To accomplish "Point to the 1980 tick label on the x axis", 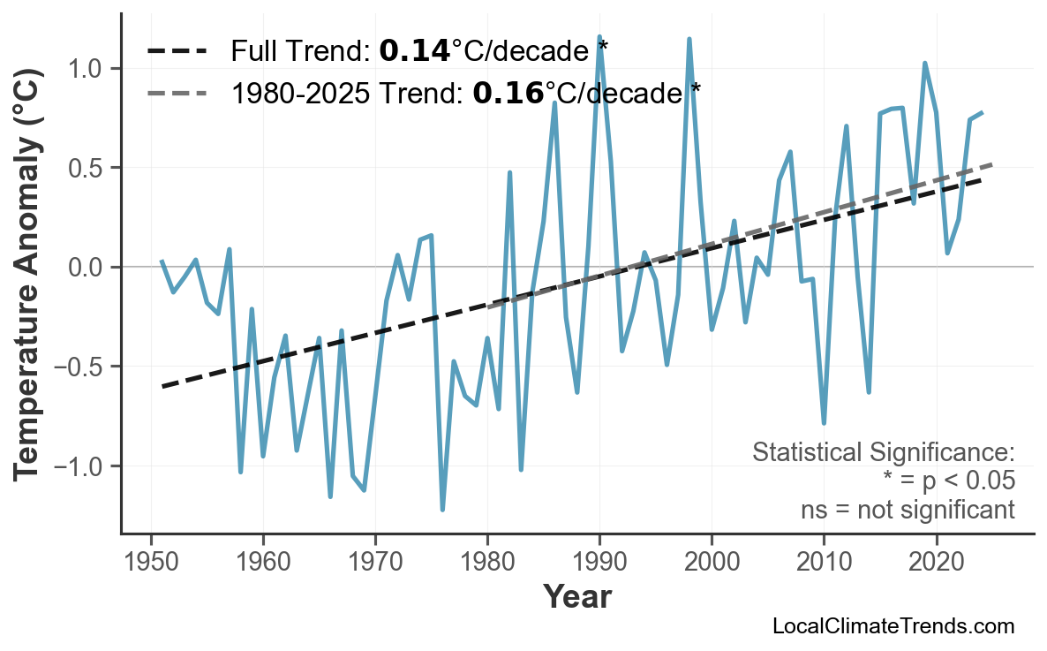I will pos(487,562).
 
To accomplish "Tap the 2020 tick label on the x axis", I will pos(936,562).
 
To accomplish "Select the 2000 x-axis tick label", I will pos(712,562).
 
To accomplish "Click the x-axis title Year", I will pos(576,597).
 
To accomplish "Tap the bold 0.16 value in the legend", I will pos(508,92).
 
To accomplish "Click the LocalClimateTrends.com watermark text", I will pos(893,626).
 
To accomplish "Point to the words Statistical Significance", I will pos(883,452).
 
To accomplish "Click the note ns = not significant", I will pos(907,510).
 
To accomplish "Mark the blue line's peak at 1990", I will pos(599,37).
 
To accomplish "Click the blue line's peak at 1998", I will pos(689,39).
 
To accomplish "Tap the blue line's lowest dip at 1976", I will pos(442,510).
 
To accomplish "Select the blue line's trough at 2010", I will pos(824,423).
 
